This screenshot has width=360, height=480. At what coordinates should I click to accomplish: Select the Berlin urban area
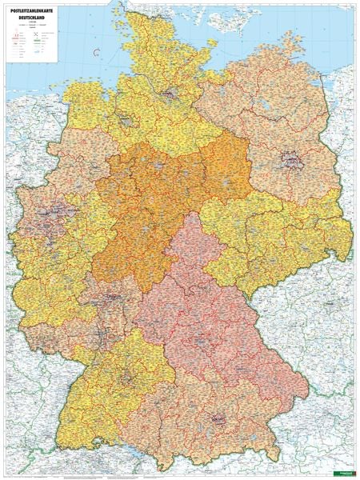(x=287, y=168)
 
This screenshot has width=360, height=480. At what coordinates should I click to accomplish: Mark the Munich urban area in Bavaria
(x=218, y=417)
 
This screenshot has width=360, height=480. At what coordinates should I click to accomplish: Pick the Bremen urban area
(x=126, y=122)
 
